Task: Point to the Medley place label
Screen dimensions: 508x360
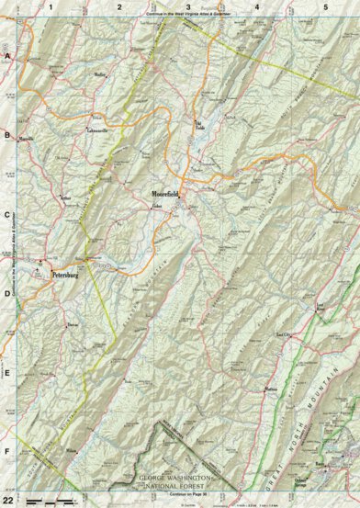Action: click(101, 74)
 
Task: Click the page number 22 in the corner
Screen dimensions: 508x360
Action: click(8, 497)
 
